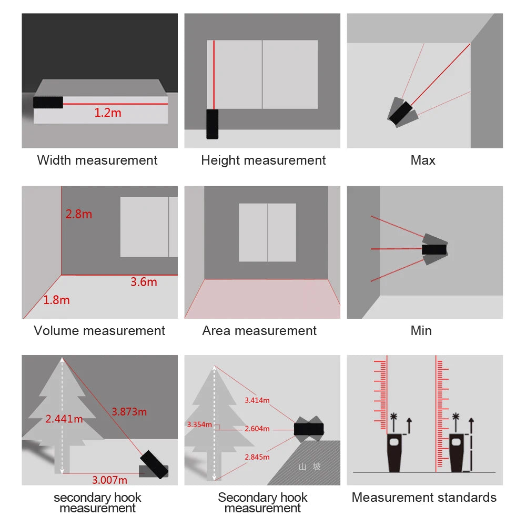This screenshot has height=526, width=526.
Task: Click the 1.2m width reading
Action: click(x=108, y=113)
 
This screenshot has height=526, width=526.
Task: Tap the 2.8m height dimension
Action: click(x=78, y=214)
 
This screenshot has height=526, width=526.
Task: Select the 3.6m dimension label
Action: click(x=144, y=282)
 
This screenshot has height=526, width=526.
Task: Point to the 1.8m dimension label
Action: click(x=56, y=300)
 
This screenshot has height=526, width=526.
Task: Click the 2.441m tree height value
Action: click(x=64, y=419)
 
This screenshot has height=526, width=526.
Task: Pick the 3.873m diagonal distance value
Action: click(x=129, y=411)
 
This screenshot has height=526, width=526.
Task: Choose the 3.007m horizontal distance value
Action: click(x=109, y=480)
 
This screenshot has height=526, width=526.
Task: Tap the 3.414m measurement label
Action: click(x=257, y=400)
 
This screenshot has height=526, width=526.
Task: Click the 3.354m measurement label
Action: click(x=199, y=424)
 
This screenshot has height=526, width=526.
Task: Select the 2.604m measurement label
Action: click(x=257, y=429)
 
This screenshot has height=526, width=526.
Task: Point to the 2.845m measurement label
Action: click(x=257, y=457)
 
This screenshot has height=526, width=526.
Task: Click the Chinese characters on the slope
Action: click(x=309, y=467)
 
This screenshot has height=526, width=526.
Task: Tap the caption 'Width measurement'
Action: click(x=97, y=160)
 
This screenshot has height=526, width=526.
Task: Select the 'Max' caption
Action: click(x=423, y=160)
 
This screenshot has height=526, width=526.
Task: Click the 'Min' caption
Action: click(x=421, y=331)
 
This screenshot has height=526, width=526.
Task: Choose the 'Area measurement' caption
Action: click(x=259, y=331)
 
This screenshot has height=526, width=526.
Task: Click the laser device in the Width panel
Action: click(x=48, y=102)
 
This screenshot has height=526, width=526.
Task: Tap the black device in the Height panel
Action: click(x=212, y=124)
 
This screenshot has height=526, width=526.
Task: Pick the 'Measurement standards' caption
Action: click(x=424, y=498)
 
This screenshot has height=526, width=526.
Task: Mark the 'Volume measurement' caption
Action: click(x=99, y=331)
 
